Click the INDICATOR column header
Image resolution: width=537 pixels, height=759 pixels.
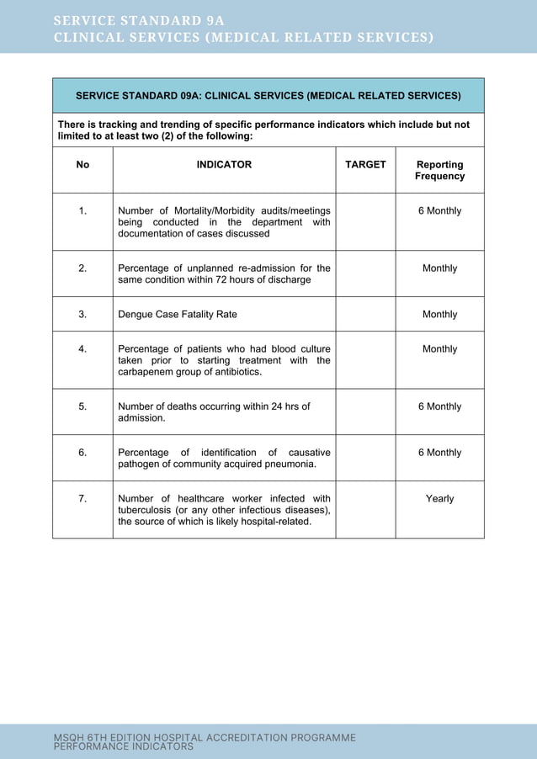click(224, 165)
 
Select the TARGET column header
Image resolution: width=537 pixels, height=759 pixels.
click(365, 165)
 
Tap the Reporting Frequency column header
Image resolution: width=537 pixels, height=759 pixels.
click(439, 170)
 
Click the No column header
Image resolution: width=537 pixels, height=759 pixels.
click(82, 165)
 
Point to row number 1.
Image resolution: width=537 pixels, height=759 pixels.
click(82, 210)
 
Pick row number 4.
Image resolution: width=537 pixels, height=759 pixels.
click(82, 348)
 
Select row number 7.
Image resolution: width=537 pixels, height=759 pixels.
click(82, 498)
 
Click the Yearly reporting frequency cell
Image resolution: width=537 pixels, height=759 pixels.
click(439, 498)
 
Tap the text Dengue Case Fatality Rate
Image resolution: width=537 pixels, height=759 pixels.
click(177, 314)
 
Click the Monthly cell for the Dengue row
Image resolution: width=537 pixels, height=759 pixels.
click(439, 314)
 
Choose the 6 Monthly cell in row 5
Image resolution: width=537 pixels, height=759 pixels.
click(439, 406)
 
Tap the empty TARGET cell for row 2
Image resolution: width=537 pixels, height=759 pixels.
click(365, 273)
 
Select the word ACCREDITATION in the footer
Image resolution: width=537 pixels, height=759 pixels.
click(252, 737)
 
